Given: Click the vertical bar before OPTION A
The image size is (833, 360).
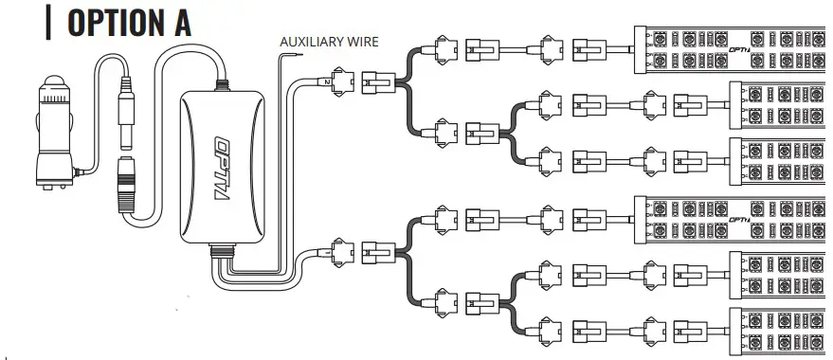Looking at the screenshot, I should [x=48, y=22].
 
